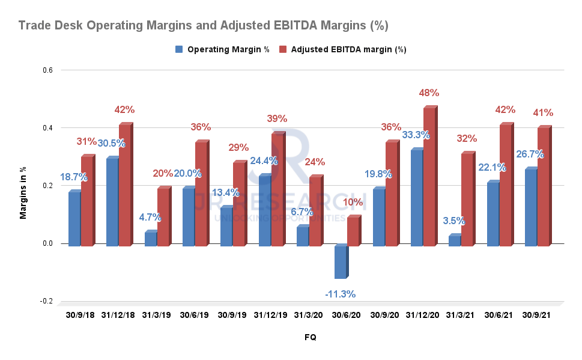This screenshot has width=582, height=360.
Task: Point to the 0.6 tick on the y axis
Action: tap(47, 70)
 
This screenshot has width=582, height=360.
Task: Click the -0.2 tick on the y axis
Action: tap(46, 301)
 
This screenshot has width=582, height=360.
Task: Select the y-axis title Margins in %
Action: tap(23, 186)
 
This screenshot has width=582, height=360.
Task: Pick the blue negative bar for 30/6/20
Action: tap(340, 262)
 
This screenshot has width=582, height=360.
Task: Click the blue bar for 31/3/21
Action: tap(454, 240)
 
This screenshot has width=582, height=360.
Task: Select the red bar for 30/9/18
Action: tap(87, 201)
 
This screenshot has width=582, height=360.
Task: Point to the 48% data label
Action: tap(429, 93)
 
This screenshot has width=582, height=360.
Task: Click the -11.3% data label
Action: tap(340, 294)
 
